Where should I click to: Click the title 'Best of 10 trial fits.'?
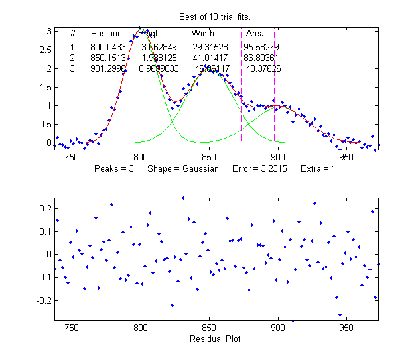pyautogui.click(x=213, y=16)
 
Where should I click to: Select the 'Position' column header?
pyautogui.click(x=106, y=33)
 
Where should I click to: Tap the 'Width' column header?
pyautogui.click(x=203, y=33)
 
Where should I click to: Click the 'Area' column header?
pyautogui.click(x=255, y=33)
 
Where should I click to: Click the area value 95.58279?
pyautogui.click(x=261, y=48)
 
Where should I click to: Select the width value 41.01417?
pyautogui.click(x=211, y=58)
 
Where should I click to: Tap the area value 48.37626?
pyautogui.click(x=263, y=68)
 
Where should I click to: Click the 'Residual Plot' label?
pyautogui.click(x=214, y=339)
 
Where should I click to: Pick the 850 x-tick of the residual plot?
pyautogui.click(x=209, y=328)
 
